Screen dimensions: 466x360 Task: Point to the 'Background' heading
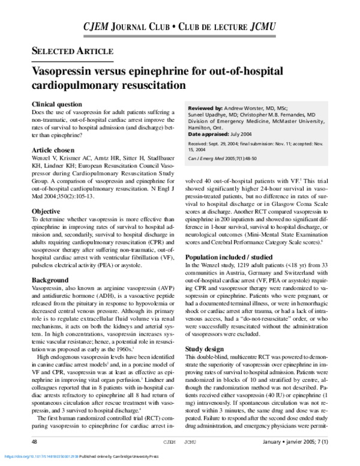point(50,280)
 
